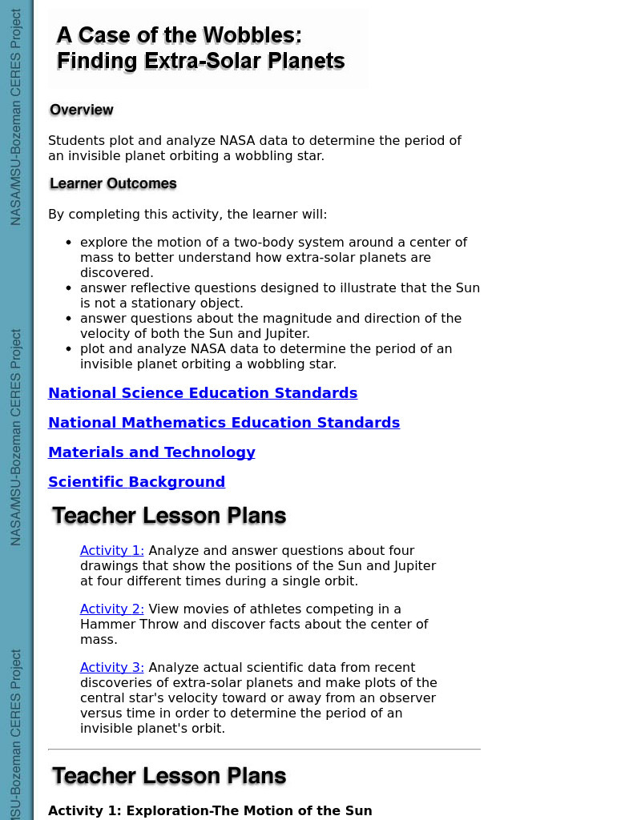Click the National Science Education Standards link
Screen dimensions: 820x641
(203, 393)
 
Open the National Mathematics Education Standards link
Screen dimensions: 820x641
(224, 423)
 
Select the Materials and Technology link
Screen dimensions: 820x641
(151, 452)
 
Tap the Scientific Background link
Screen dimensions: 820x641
(136, 482)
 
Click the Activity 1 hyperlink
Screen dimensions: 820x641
(111, 551)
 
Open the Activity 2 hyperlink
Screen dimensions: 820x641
(111, 609)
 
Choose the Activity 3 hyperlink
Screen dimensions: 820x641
(111, 668)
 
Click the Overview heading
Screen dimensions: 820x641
(81, 110)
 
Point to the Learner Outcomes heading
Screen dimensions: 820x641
(113, 183)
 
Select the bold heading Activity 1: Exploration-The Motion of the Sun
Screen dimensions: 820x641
(210, 810)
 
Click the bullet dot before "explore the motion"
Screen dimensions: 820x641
(69, 243)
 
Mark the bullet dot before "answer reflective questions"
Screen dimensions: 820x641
(69, 288)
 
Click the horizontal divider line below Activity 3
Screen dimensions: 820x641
(264, 750)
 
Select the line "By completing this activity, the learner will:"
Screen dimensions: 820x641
(187, 215)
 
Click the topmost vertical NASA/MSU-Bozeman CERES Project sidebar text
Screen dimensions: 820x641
(16, 117)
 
